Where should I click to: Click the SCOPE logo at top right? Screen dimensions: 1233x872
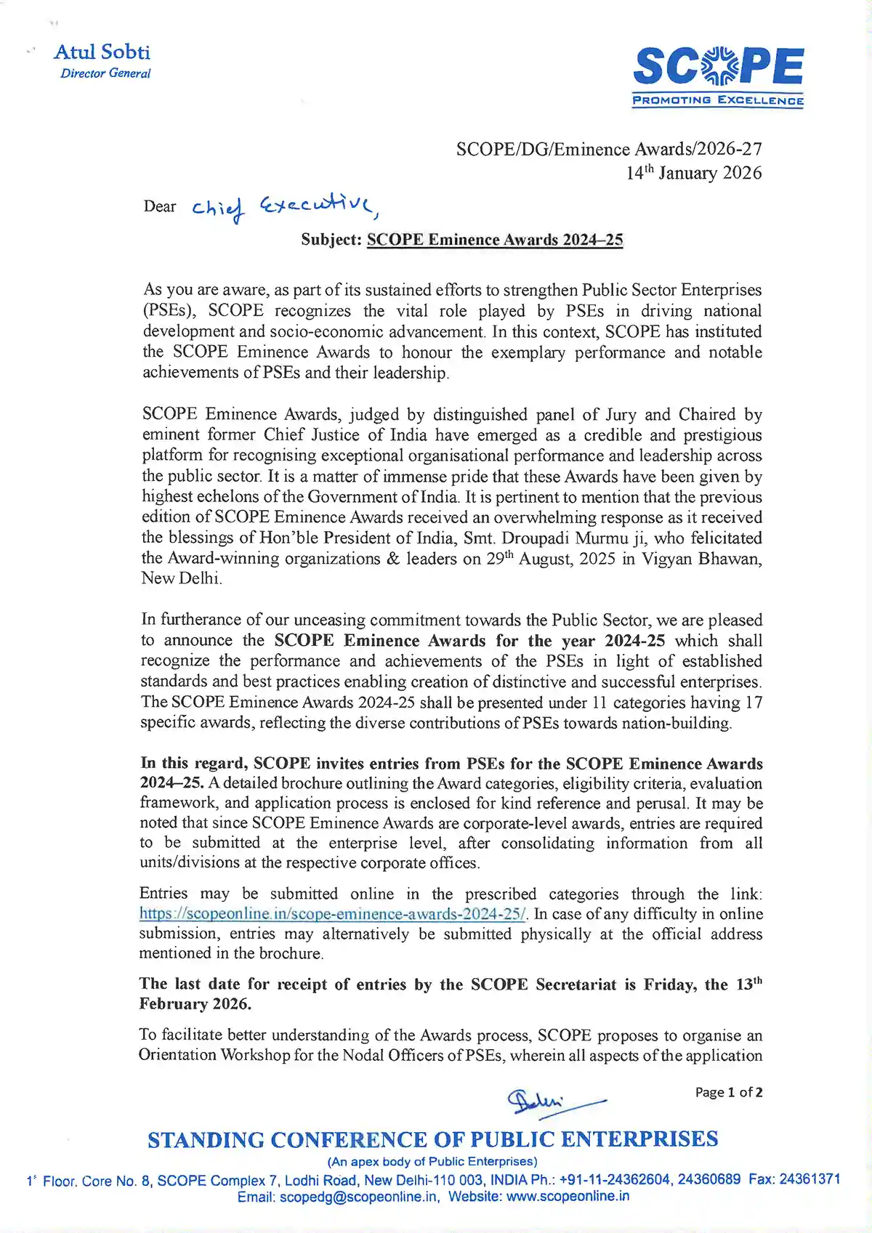pos(718,67)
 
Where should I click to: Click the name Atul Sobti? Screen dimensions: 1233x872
pos(102,52)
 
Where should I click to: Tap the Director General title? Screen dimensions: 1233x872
pos(106,73)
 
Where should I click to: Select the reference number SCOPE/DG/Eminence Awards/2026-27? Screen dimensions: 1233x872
pos(609,149)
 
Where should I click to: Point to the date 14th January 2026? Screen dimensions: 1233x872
pos(694,173)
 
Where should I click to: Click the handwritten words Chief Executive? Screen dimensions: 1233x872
pos(283,207)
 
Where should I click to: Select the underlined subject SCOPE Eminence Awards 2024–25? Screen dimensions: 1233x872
pos(495,240)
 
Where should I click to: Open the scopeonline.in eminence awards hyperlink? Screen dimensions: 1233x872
pos(334,914)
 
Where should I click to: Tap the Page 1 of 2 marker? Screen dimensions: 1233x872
pos(729,1092)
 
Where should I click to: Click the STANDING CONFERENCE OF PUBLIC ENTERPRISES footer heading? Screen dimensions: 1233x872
pos(432,1139)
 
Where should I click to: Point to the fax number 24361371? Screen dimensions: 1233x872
pos(810,1179)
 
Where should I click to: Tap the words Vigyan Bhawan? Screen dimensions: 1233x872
pos(703,559)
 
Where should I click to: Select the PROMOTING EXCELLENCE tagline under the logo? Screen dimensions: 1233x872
pos(718,100)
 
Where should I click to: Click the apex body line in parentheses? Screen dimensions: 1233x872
pos(432,1161)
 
